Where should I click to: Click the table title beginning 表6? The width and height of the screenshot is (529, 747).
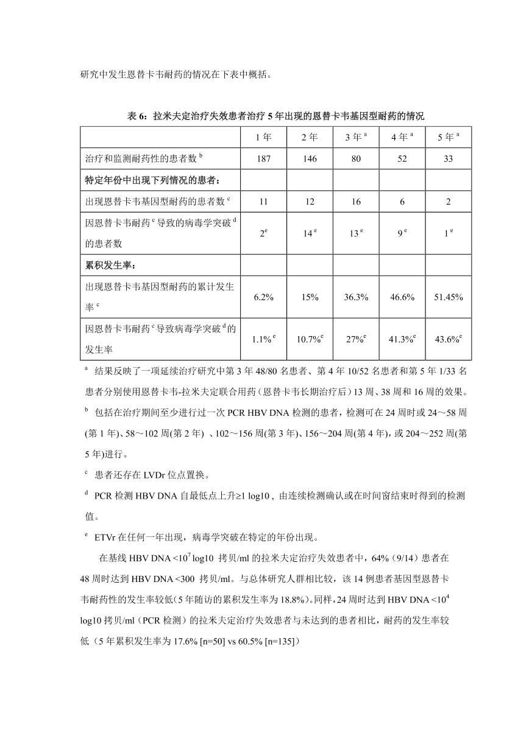[275, 116]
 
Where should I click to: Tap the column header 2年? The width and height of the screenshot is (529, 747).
[310, 137]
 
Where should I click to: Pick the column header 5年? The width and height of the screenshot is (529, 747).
[448, 137]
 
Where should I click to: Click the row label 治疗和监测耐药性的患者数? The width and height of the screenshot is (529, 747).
[143, 158]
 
